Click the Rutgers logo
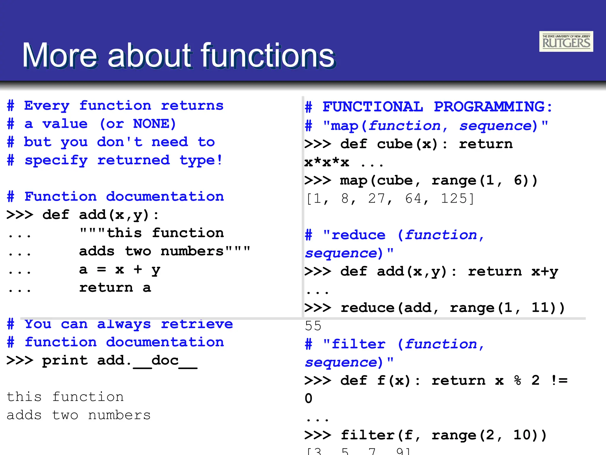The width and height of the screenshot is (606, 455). click(x=566, y=41)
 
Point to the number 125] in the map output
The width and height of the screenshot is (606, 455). click(x=457, y=198)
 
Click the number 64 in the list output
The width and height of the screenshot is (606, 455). click(x=414, y=198)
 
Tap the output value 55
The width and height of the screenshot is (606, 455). click(x=313, y=326)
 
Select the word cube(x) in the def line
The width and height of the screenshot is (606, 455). click(x=407, y=144)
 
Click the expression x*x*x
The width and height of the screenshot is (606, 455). click(x=327, y=163)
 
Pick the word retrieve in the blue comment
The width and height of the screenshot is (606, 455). click(x=197, y=324)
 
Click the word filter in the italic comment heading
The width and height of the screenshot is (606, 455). click(x=358, y=344)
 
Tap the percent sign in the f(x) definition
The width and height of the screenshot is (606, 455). click(x=518, y=381)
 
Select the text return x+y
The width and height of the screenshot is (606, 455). click(x=513, y=272)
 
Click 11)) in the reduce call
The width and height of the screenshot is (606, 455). click(x=548, y=308)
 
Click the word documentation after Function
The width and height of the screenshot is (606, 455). click(x=165, y=197)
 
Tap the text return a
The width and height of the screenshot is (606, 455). click(x=115, y=288)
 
